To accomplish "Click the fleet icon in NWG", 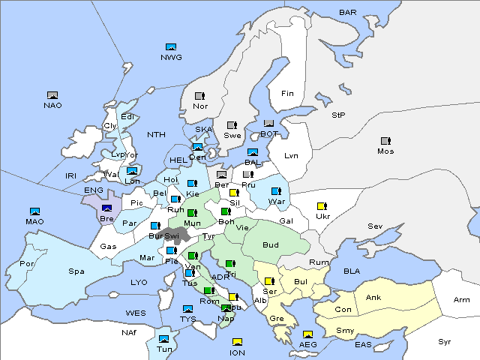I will (171, 47).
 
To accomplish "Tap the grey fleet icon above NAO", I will (52, 95).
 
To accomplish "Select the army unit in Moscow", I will (385, 141).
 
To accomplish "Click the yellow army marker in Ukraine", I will (322, 206).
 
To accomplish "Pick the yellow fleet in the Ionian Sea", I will (238, 343).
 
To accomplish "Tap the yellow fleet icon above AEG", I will (307, 335).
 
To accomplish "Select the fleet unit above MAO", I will (34, 211).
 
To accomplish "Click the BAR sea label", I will (348, 13).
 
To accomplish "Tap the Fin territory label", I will (287, 94).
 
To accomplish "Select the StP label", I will (338, 115).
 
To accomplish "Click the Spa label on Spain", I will (76, 271).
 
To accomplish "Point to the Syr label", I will (445, 341).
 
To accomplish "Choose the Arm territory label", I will (462, 300).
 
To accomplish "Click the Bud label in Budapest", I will (270, 244).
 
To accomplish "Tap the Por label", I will (27, 264).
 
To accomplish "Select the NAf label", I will (129, 331).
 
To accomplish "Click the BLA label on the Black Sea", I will (352, 271).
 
